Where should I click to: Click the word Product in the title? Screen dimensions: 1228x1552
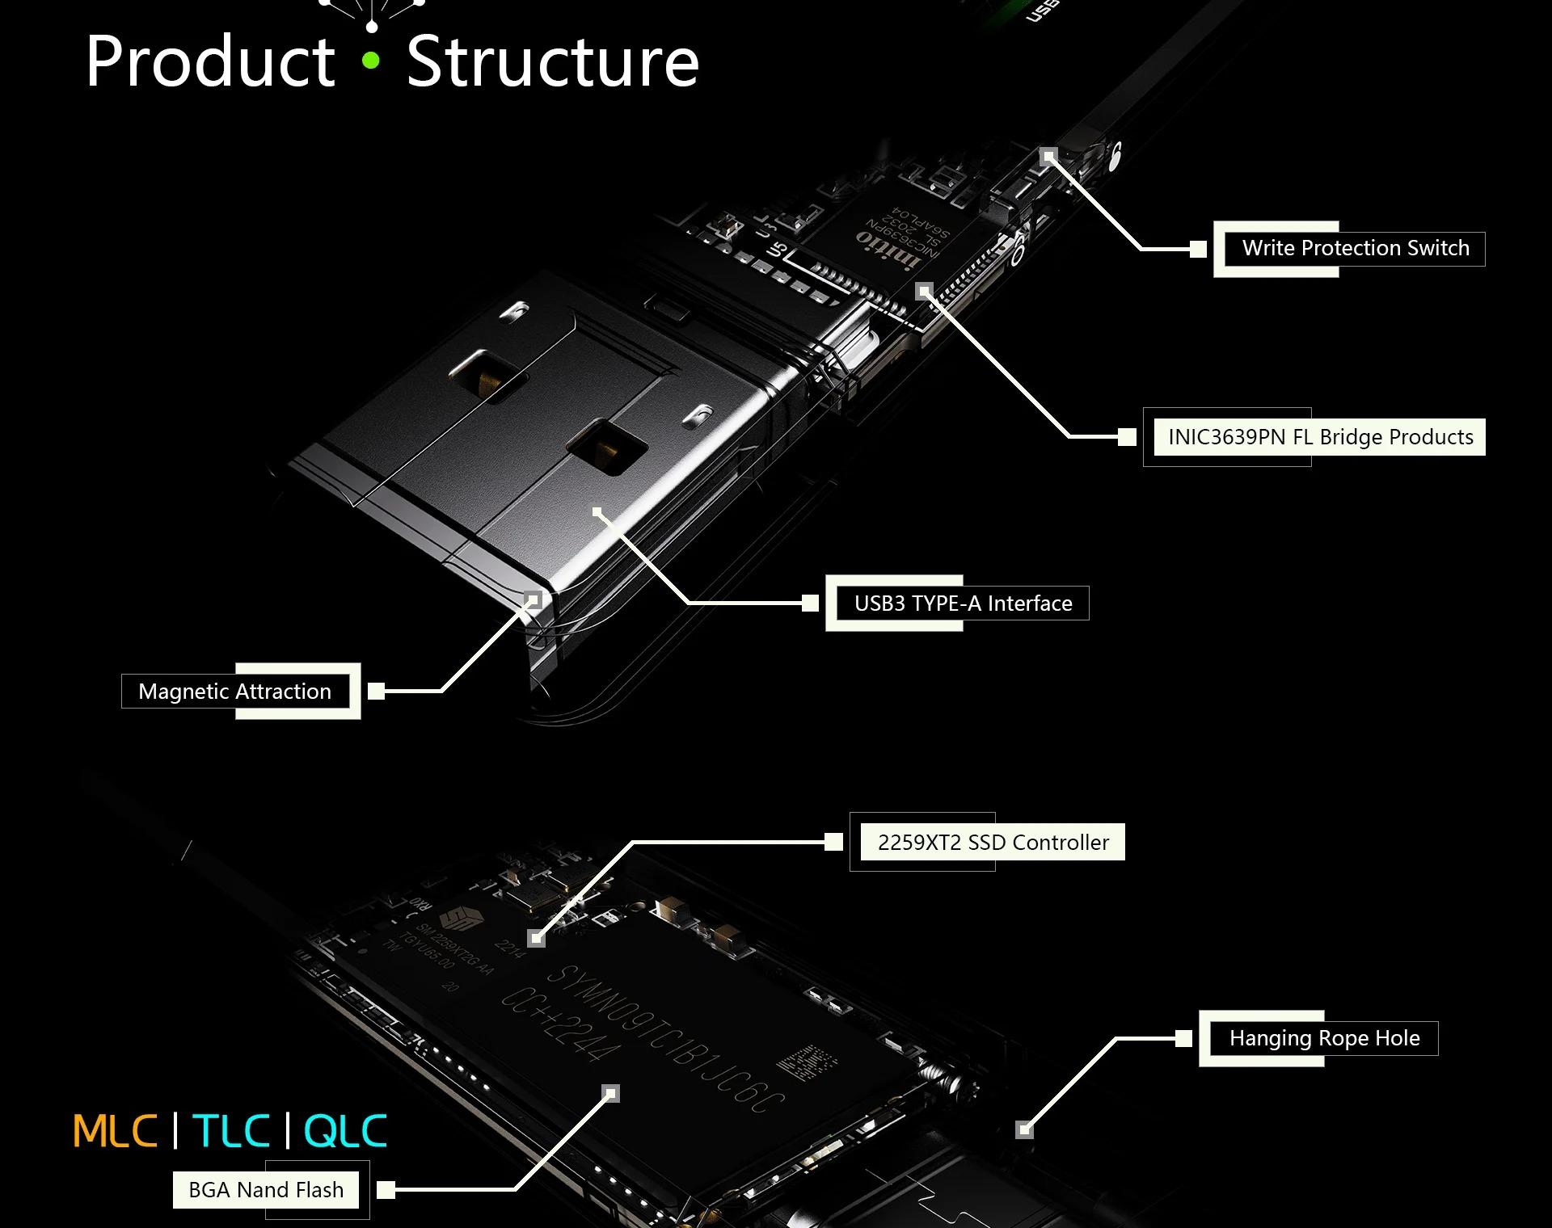point(210,61)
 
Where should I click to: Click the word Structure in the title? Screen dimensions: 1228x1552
point(552,61)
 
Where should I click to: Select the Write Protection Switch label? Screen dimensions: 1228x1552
point(1355,248)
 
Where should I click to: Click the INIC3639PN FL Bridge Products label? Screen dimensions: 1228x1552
point(1320,437)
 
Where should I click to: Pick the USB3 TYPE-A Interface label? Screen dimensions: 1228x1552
point(963,603)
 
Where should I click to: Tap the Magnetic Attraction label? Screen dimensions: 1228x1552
point(234,692)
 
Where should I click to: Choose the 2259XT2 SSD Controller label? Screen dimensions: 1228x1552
point(993,843)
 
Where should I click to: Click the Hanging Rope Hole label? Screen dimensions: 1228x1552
point(1324,1038)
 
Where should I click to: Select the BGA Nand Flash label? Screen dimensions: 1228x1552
point(266,1190)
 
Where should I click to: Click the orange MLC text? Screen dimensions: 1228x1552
point(115,1131)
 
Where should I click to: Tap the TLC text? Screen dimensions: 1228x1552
point(231,1131)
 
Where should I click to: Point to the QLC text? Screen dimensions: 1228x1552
point(346,1131)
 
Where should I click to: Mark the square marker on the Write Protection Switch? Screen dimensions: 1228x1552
point(1048,156)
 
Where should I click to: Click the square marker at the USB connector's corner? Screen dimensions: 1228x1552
point(533,599)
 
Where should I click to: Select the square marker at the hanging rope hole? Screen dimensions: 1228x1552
point(1024,1129)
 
